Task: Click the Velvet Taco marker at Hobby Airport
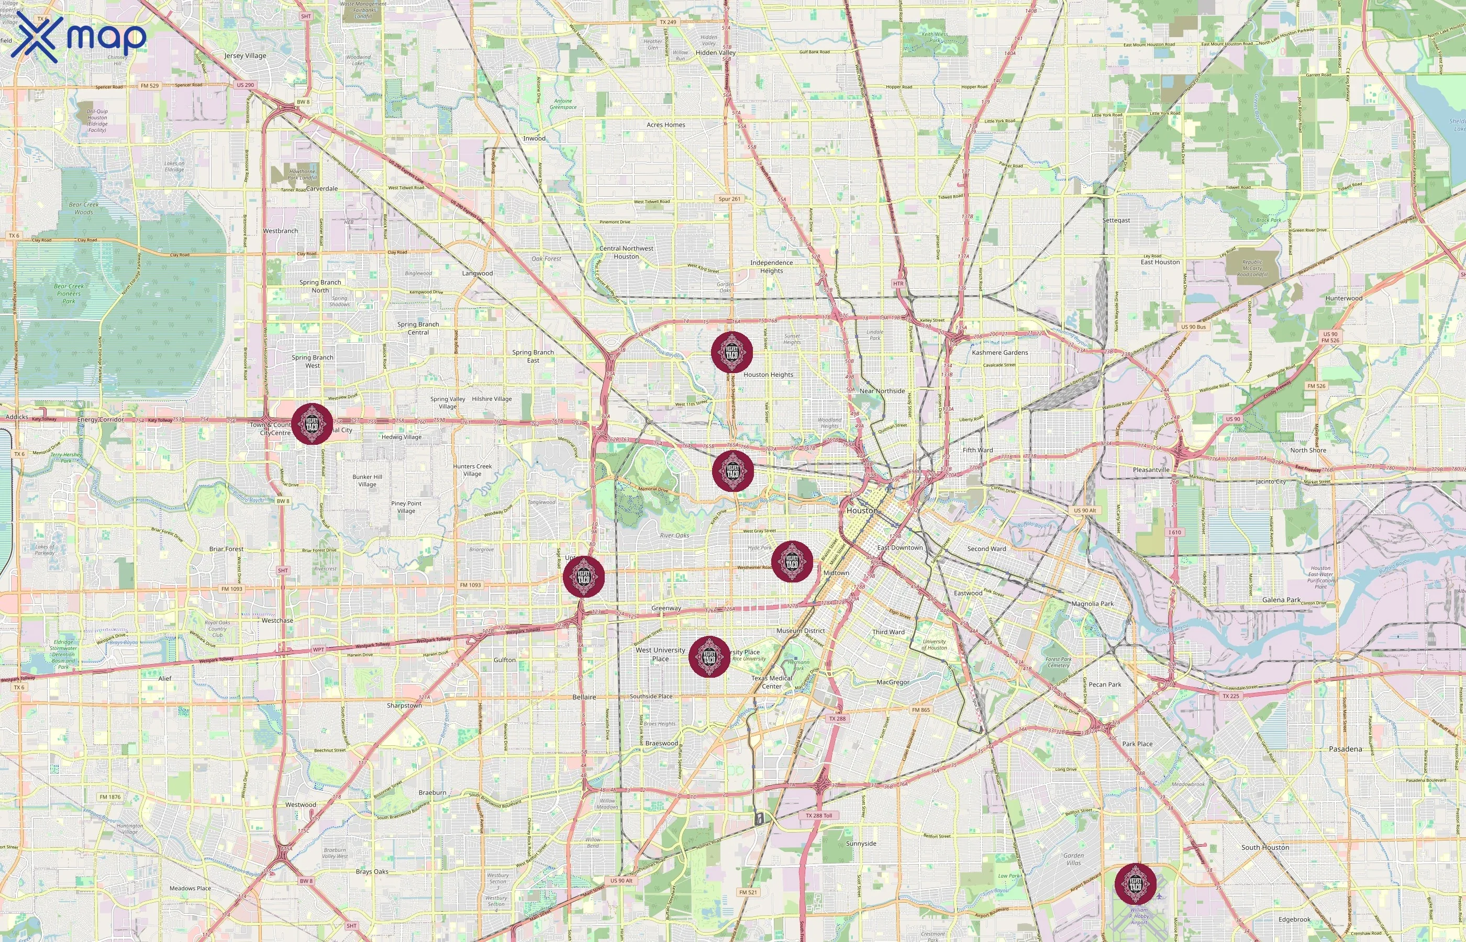point(1135,884)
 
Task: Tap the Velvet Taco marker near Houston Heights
point(732,352)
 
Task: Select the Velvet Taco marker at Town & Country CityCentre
point(312,424)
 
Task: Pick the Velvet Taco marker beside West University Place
point(709,657)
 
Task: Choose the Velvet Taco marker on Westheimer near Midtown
point(792,562)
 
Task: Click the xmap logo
point(79,38)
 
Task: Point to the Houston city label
point(861,510)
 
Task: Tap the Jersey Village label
point(246,55)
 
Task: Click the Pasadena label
point(1346,749)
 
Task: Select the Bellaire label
point(584,697)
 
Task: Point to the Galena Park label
point(1281,600)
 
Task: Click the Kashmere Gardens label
point(1000,352)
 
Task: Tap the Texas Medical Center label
point(772,682)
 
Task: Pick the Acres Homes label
point(665,125)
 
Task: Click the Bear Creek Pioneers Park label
point(69,294)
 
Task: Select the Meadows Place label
point(190,888)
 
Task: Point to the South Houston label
point(1265,847)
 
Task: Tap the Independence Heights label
point(772,267)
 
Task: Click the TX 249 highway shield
point(668,22)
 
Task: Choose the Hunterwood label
point(1343,298)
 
